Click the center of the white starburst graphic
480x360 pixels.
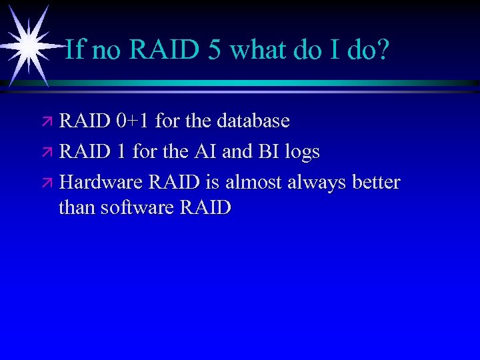(27, 45)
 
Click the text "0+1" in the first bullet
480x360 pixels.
(132, 121)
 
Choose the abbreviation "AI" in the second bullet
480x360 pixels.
(205, 151)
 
